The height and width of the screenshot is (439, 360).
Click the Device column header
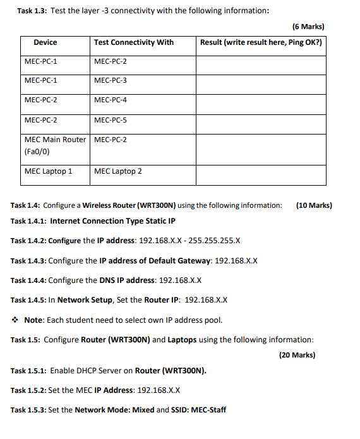(x=45, y=42)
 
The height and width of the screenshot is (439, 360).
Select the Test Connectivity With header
(x=133, y=42)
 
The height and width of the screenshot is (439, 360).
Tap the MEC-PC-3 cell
(x=111, y=80)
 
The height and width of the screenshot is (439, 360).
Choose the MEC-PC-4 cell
(x=111, y=100)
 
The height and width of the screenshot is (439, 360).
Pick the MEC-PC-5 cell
(x=111, y=119)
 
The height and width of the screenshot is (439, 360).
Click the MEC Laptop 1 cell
(x=48, y=171)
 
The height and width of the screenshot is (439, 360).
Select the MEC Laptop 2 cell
(x=118, y=171)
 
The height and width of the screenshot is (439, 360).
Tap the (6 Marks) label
(x=308, y=27)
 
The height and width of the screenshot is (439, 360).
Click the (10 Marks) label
(x=313, y=205)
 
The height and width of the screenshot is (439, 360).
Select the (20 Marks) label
(x=297, y=355)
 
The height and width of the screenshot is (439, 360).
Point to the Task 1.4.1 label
(x=28, y=221)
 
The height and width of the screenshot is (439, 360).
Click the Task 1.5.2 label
(x=28, y=390)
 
